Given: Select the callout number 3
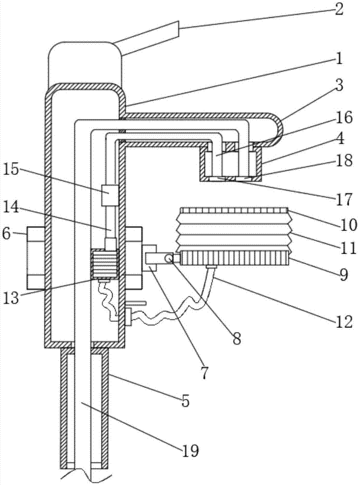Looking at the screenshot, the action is [339, 86].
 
